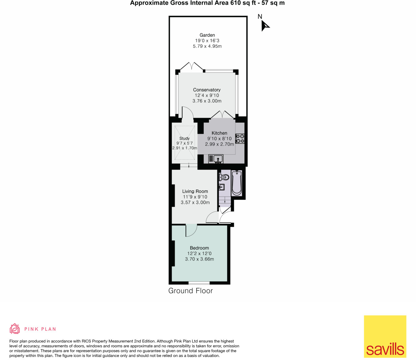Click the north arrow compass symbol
(x=264, y=25)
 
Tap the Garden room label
(x=207, y=35)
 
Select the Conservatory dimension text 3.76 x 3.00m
(x=207, y=101)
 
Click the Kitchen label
(x=219, y=133)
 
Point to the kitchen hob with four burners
(x=240, y=139)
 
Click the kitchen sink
(x=218, y=159)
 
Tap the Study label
(x=184, y=138)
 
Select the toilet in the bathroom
(x=224, y=177)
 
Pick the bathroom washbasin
(x=221, y=187)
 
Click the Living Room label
(x=195, y=191)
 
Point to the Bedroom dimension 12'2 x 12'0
(x=199, y=253)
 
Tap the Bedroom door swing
(x=191, y=230)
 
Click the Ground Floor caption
(x=190, y=291)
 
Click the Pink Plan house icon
(x=14, y=329)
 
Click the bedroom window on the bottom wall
(x=199, y=283)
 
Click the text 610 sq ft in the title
(x=243, y=3)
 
